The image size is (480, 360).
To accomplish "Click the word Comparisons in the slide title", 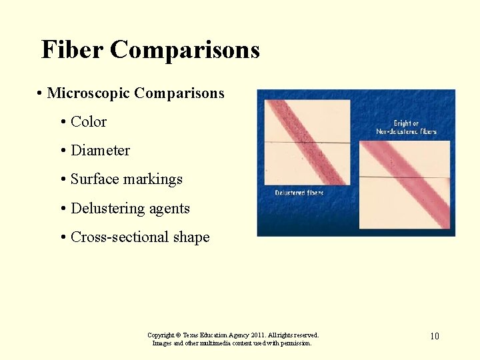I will (185, 50).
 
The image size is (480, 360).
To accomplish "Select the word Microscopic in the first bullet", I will (88, 93).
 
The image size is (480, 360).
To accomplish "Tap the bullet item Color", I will (88, 122).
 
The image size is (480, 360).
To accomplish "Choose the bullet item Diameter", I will (100, 151).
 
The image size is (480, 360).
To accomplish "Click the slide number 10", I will (434, 336).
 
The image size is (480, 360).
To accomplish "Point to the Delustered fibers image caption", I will (299, 193).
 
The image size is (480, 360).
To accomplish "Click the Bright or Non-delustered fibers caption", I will (406, 127).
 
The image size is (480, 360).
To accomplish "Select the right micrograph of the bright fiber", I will (405, 185).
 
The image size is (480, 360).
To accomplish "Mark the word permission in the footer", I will (294, 343).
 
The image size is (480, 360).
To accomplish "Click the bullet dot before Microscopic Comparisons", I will (41, 93).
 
